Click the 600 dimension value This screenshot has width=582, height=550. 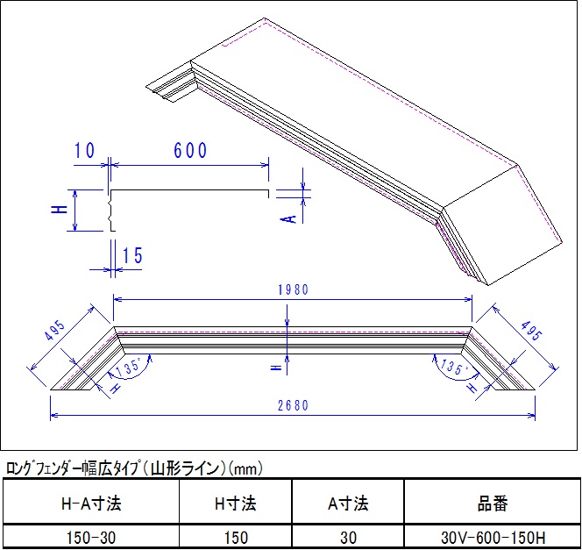(x=190, y=151)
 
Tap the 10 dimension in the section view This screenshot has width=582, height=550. (x=85, y=151)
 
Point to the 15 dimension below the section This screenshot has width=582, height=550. (x=132, y=256)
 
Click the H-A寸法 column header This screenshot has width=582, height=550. (x=90, y=504)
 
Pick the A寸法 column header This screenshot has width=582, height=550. (x=347, y=504)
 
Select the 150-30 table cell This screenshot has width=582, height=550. (x=90, y=537)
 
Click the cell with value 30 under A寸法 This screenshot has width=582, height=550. (x=347, y=537)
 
